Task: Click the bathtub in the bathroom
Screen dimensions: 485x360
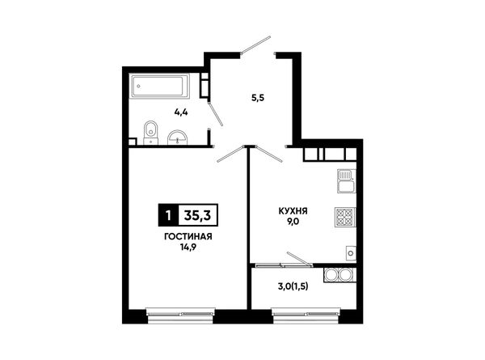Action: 159,86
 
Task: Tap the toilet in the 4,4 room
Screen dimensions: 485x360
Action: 151,133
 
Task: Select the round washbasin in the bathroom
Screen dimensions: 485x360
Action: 177,138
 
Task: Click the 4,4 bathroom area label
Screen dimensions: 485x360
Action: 181,112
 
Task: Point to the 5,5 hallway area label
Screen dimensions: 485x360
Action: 258,98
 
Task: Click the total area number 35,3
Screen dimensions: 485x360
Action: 198,215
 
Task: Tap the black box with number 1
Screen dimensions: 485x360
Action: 168,215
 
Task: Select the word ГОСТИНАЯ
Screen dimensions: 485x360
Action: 188,237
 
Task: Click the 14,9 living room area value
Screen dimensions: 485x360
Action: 188,247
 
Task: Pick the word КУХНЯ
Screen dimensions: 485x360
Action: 293,211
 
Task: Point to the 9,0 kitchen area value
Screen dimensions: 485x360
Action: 293,222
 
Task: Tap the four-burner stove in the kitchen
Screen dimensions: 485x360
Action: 345,217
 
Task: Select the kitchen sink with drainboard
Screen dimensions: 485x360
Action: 347,181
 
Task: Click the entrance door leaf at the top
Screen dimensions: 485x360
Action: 255,44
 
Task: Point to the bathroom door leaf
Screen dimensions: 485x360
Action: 215,114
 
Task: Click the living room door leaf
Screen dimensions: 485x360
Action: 230,154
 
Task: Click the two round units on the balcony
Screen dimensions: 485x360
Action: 339,275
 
